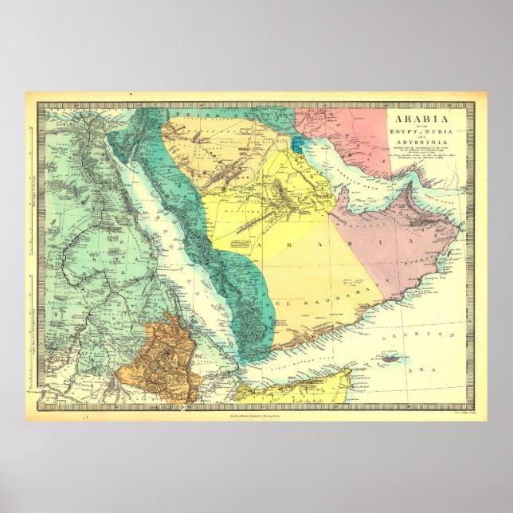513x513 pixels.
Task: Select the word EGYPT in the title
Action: click(x=400, y=129)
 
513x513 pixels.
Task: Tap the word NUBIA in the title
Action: click(x=429, y=129)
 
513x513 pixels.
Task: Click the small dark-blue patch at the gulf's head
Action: click(x=296, y=145)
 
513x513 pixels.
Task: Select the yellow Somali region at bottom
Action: click(x=295, y=390)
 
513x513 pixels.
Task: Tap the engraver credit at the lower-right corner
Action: click(x=456, y=414)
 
